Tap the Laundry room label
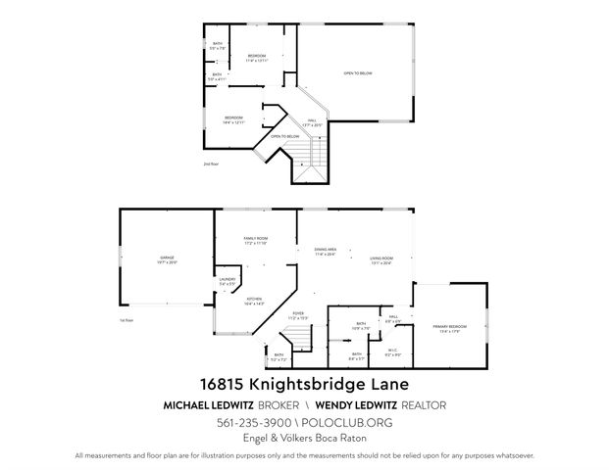pyautogui.click(x=228, y=283)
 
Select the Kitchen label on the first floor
pyautogui.click(x=254, y=303)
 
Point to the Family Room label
pyautogui.click(x=256, y=240)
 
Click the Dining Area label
pyautogui.click(x=326, y=252)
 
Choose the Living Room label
pyautogui.click(x=381, y=260)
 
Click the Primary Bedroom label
pyautogui.click(x=449, y=328)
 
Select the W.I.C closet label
pyautogui.click(x=391, y=352)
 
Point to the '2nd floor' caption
pyautogui.click(x=211, y=164)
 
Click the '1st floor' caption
pyautogui.click(x=125, y=320)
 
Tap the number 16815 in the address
pyautogui.click(x=221, y=384)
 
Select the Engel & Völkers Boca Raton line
pyautogui.click(x=304, y=440)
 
